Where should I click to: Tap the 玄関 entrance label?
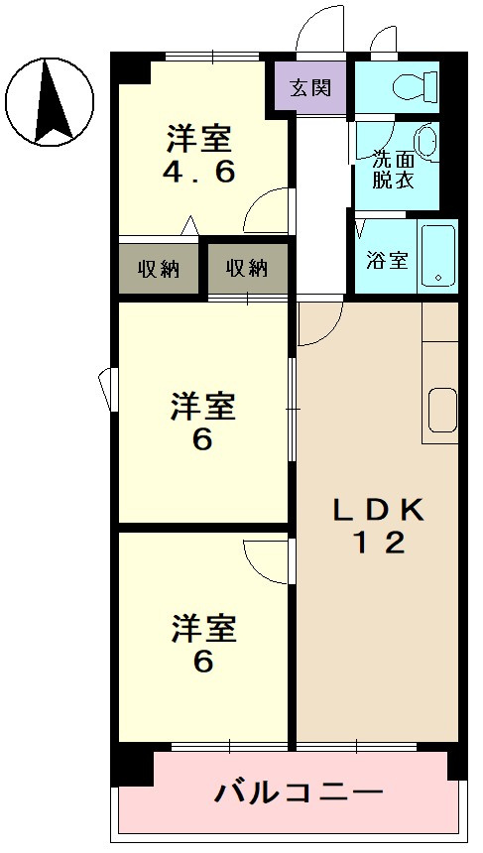click(x=310, y=87)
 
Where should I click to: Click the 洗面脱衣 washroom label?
click(x=392, y=170)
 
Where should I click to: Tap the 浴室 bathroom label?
click(x=387, y=261)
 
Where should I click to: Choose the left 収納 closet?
click(x=159, y=268)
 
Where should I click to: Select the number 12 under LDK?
click(x=378, y=544)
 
